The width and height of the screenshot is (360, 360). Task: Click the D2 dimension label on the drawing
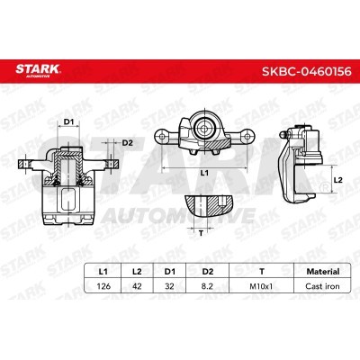point(127,142)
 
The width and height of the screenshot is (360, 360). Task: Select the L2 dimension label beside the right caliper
point(337,180)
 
